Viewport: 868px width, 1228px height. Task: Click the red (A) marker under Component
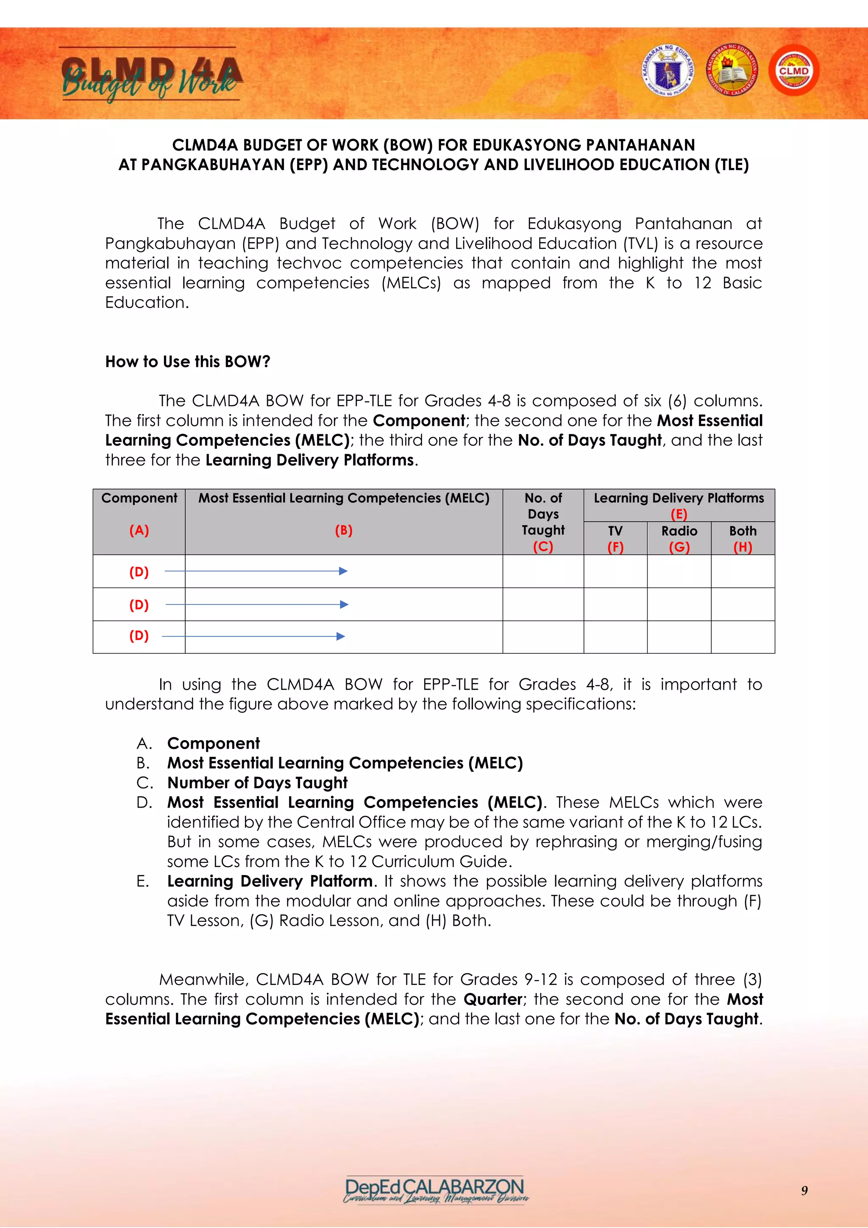click(139, 530)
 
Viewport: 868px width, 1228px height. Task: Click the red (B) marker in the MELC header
click(344, 530)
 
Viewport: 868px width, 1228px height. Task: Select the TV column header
click(615, 531)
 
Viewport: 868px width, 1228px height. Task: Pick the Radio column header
click(679, 531)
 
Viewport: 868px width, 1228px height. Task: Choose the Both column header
click(743, 531)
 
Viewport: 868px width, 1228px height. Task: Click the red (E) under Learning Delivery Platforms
click(679, 514)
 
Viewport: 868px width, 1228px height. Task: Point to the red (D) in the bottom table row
click(139, 635)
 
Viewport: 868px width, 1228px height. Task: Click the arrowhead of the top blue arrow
click(344, 571)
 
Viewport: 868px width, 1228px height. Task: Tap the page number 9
click(804, 1191)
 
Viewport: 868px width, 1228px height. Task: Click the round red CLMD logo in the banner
click(794, 70)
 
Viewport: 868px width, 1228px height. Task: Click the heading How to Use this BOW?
click(188, 361)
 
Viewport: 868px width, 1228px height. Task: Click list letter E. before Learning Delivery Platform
click(143, 881)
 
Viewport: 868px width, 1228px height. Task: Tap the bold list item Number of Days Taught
click(257, 783)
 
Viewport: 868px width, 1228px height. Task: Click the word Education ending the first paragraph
click(147, 303)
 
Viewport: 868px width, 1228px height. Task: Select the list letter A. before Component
click(144, 744)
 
